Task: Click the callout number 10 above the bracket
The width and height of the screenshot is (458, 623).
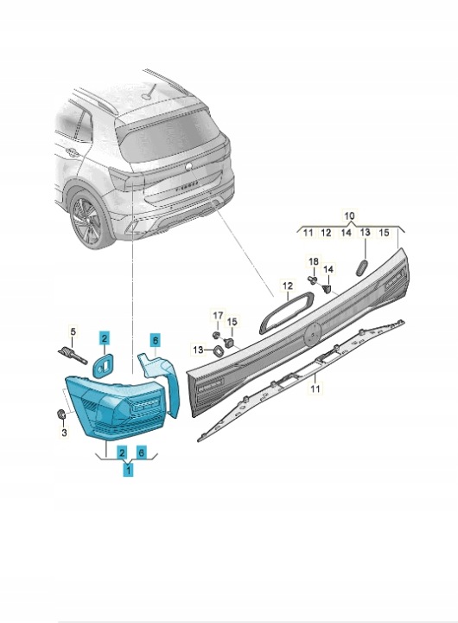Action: coord(349,216)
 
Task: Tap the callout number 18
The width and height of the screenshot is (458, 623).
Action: coord(314,262)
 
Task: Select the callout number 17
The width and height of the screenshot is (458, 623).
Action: coord(219,316)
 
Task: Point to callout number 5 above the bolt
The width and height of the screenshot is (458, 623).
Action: coord(73,331)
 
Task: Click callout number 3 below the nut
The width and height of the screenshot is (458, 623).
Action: coord(64,432)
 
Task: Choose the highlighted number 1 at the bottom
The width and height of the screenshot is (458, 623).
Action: coord(128,471)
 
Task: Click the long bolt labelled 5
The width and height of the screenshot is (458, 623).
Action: coord(73,355)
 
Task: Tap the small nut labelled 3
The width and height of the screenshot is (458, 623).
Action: coord(61,414)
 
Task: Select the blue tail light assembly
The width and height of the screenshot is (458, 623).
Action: coord(116,408)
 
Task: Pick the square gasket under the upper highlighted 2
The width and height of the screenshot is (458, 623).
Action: coord(102,365)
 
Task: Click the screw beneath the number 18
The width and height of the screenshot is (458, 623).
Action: coord(312,280)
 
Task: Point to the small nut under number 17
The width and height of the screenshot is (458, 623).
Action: coord(216,335)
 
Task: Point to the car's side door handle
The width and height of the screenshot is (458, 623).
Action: coord(73,152)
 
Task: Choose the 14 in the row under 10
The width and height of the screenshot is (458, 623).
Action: coord(347,233)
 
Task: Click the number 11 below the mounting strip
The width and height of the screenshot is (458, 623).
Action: coord(315,388)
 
